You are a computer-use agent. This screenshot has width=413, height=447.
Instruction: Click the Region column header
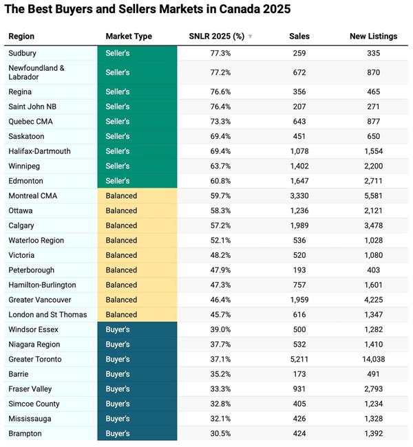[x=21, y=36]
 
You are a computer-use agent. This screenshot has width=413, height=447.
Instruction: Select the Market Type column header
[x=129, y=36]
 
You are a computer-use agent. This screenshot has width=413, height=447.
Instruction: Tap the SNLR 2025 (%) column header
[x=217, y=36]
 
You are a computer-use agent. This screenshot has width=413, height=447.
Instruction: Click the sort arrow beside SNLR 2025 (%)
[x=251, y=37]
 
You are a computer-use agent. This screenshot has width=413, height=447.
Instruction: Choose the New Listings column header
[x=373, y=36]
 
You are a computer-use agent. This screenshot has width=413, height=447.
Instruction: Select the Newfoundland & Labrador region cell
[x=36, y=72]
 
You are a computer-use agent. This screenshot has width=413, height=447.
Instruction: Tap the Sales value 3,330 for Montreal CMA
[x=299, y=196]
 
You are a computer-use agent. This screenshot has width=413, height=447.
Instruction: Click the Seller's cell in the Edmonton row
[x=118, y=181]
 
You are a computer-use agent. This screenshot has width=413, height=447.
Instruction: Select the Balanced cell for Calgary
[x=121, y=226]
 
